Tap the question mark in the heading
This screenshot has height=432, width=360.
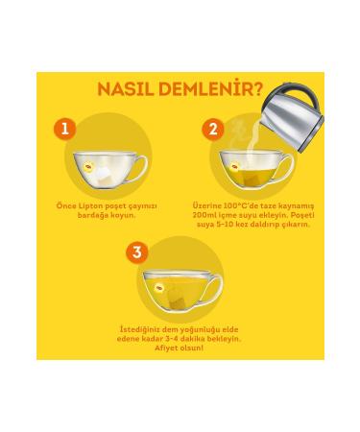pyautogui.click(x=257, y=89)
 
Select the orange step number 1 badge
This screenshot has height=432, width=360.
pyautogui.click(x=65, y=129)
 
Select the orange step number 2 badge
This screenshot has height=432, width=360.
pyautogui.click(x=213, y=129)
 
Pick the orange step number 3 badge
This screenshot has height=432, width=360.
pyautogui.click(x=137, y=252)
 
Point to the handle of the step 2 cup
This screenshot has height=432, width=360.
pyautogui.click(x=287, y=167)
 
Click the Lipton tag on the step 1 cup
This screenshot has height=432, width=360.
pyautogui.click(x=88, y=166)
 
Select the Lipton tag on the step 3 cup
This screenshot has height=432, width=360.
pyautogui.click(x=159, y=288)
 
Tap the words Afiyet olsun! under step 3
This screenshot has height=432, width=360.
pyautogui.click(x=179, y=348)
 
